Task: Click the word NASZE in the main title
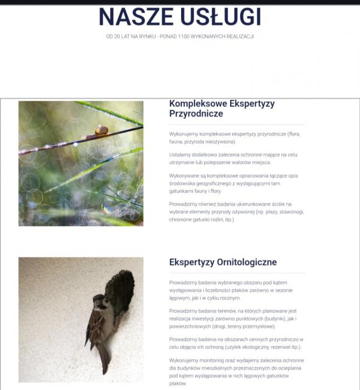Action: pyautogui.click(x=135, y=17)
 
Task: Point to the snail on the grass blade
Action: pyautogui.click(x=101, y=130)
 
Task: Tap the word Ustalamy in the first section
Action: pyautogui.click(x=182, y=154)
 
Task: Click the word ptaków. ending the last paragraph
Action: pyautogui.click(x=178, y=383)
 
